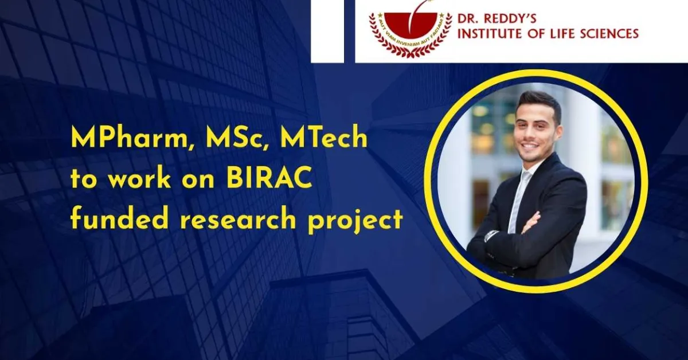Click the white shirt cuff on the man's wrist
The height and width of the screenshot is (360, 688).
coord(492,235)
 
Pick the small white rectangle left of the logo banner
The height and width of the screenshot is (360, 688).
coord(327,31)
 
